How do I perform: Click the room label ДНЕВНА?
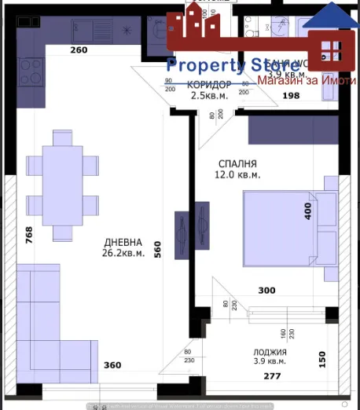point(121,243)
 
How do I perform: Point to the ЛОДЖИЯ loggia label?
point(270,353)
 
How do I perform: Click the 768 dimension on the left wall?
point(29,236)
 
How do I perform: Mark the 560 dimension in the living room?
point(157,249)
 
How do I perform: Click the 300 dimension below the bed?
point(266,291)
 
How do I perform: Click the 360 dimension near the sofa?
point(112,364)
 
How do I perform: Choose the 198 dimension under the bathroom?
point(291,97)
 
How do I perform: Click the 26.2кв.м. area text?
point(121,253)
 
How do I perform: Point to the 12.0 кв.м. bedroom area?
point(239,175)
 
